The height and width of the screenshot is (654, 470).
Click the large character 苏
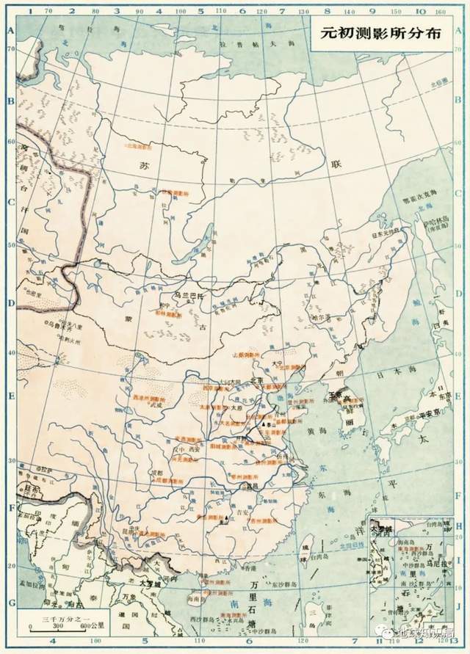tap(143, 166)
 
